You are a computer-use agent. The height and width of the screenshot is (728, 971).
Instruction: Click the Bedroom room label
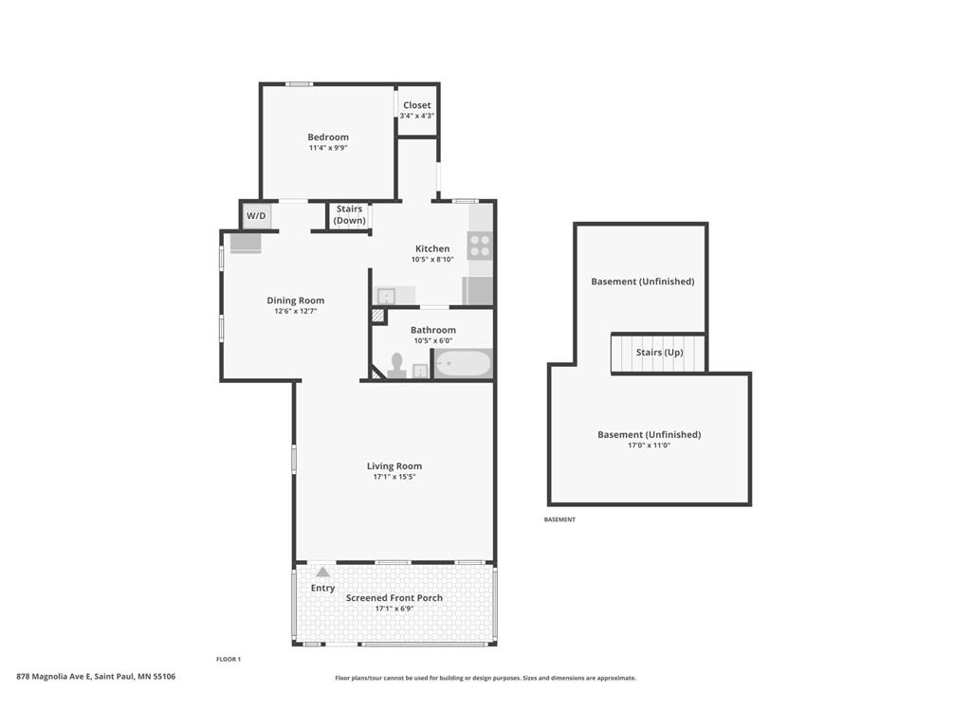point(328,137)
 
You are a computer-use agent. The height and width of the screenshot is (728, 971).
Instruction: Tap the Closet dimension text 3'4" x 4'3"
point(417,116)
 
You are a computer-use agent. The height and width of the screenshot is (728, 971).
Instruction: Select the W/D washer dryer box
point(256,216)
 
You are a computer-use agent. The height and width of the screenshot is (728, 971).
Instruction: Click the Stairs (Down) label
point(349,215)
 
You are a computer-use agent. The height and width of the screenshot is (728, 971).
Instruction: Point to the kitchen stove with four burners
point(481,246)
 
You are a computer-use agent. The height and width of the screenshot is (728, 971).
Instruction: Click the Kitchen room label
point(431,249)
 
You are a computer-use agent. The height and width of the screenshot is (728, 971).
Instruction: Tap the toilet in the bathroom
point(396,366)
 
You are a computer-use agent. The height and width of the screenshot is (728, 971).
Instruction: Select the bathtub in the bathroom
point(463,364)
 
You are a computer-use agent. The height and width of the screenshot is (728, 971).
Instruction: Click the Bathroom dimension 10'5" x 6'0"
point(432,341)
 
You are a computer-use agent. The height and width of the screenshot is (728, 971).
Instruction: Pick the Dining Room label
point(295,300)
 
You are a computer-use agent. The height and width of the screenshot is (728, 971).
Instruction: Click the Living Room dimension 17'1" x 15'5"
point(394,477)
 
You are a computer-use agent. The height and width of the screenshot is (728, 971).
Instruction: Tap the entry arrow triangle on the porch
point(322,572)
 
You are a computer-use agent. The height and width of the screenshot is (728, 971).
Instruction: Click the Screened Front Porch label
point(394,598)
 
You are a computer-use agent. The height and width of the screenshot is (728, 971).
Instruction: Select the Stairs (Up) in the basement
point(658,353)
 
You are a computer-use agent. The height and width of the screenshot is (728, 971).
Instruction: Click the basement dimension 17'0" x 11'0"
point(649,446)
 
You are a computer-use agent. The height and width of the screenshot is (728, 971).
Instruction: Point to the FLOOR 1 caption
point(229,659)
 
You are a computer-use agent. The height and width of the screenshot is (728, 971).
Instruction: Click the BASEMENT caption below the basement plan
point(559,519)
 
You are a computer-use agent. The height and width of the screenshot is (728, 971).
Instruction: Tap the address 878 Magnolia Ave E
point(96,677)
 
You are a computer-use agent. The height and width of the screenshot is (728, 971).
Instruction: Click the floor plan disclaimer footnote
point(485,678)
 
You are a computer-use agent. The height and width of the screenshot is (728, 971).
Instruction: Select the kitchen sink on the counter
point(385,296)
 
